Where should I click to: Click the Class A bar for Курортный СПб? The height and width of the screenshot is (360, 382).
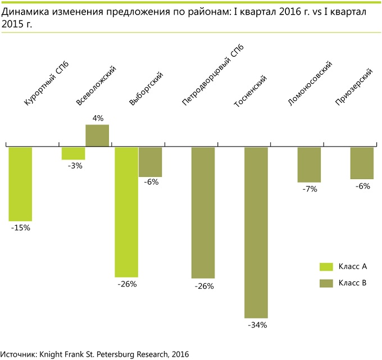[x=20, y=184]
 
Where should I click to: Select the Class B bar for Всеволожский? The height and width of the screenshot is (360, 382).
[x=97, y=136]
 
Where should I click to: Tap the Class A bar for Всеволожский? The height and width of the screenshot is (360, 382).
[x=73, y=153]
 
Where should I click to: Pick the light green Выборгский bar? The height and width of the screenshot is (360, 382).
[x=126, y=212]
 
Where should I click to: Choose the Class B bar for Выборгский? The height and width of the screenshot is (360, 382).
[x=150, y=162]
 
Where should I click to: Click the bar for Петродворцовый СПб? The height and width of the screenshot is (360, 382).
[x=203, y=212]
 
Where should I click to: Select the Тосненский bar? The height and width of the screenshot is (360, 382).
[x=256, y=233]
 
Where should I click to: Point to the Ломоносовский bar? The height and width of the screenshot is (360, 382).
[x=309, y=165]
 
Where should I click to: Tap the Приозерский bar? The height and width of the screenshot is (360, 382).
[x=362, y=163]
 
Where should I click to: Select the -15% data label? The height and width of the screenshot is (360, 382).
[x=20, y=228]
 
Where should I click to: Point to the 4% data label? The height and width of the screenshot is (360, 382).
[x=98, y=119]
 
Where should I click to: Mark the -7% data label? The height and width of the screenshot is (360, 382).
[x=309, y=189]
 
